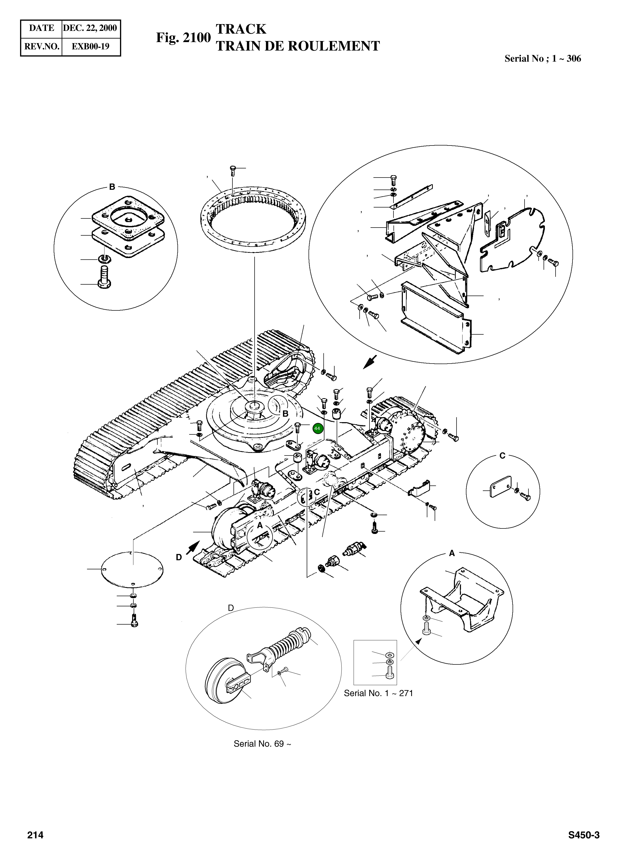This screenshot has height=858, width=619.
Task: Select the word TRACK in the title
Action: (241, 29)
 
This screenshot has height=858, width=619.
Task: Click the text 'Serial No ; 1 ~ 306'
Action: (543, 59)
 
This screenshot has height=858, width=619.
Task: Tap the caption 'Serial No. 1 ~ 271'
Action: (378, 693)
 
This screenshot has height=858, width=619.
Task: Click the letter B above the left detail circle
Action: (112, 187)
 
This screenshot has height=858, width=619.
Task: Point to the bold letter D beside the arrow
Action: (179, 557)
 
